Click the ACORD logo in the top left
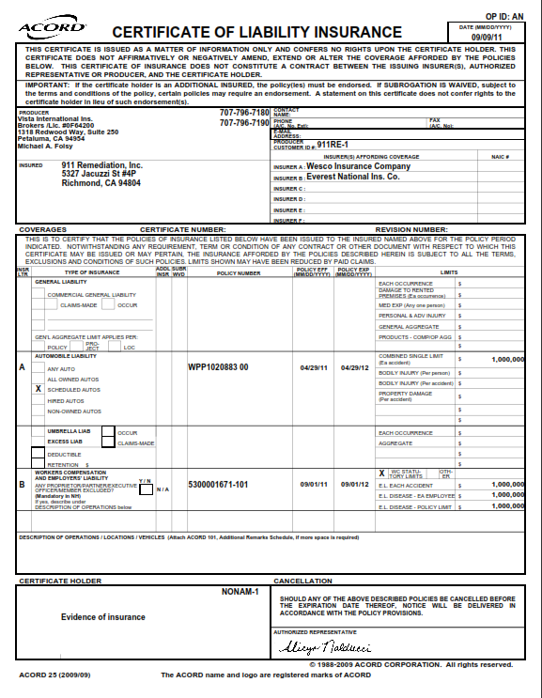pos(53,28)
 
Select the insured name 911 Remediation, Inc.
pos(102,165)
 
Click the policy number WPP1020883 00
pos(218,367)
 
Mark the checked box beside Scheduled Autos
pos(39,388)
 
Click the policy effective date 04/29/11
pos(312,367)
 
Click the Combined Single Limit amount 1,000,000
pos(506,358)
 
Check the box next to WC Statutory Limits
pos(381,473)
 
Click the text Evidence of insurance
pos(103,616)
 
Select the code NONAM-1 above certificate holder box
pos(240,592)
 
